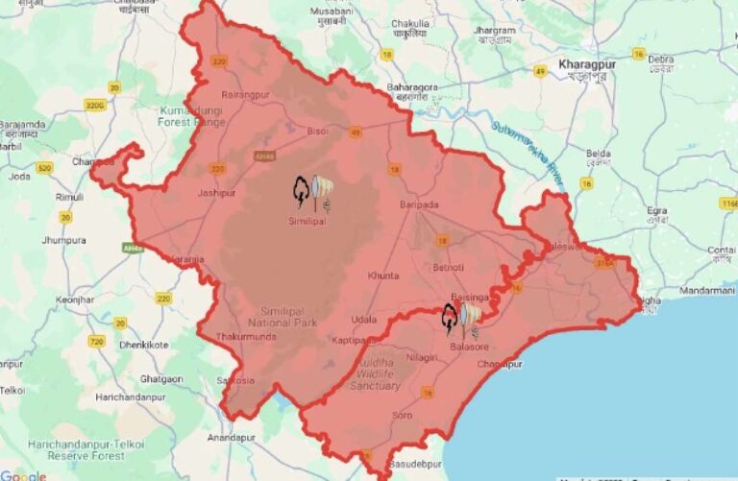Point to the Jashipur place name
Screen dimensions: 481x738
coord(216,193)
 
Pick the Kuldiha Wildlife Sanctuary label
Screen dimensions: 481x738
coord(374,375)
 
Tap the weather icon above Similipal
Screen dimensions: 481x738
coord(313,192)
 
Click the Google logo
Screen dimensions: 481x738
coord(23,474)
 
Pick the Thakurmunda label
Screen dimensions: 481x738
coord(247,337)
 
